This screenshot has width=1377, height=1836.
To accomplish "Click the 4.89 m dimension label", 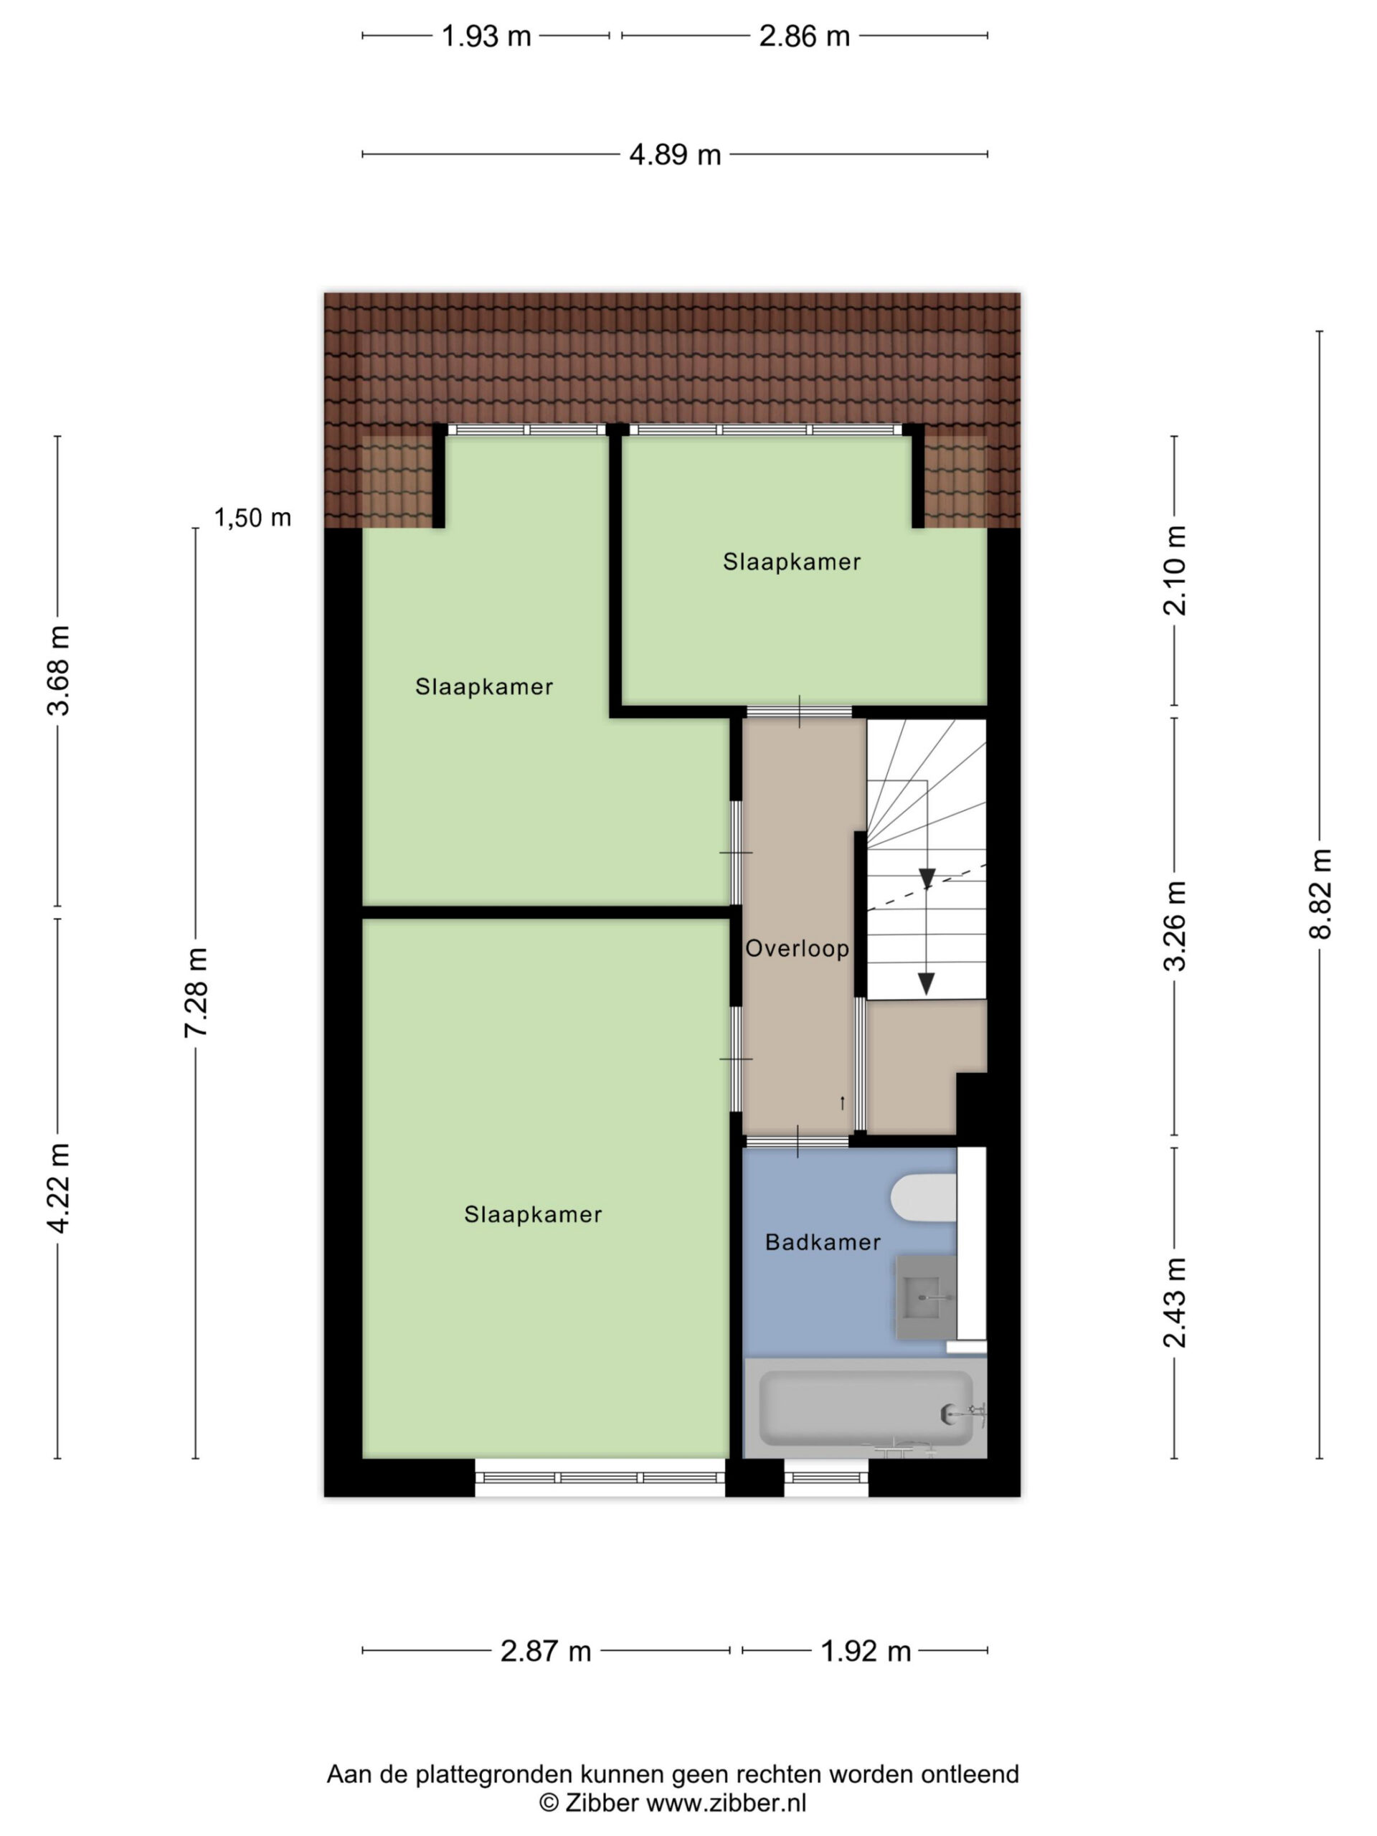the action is [x=675, y=154].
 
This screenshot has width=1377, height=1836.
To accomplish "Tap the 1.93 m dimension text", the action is [x=486, y=37].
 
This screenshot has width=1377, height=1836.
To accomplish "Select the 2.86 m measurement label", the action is [x=804, y=37].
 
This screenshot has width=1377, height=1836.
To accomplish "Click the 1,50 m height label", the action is [x=252, y=518].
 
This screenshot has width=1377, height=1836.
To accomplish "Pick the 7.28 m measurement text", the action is [x=196, y=992].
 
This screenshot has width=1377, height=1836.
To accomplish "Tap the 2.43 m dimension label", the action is [x=1175, y=1302].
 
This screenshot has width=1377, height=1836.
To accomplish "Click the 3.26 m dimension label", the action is [x=1175, y=925].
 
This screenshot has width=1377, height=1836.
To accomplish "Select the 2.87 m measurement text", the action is [x=545, y=1651].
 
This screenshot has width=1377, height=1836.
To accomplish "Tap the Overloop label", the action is [x=797, y=949].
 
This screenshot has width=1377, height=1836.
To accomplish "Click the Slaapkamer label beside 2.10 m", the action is [x=792, y=562].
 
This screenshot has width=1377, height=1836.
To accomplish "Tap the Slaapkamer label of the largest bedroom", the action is [x=533, y=1215].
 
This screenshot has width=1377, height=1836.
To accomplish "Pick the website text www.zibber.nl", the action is [x=727, y=1802].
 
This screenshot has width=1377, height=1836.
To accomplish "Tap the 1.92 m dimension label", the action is [x=866, y=1651].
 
